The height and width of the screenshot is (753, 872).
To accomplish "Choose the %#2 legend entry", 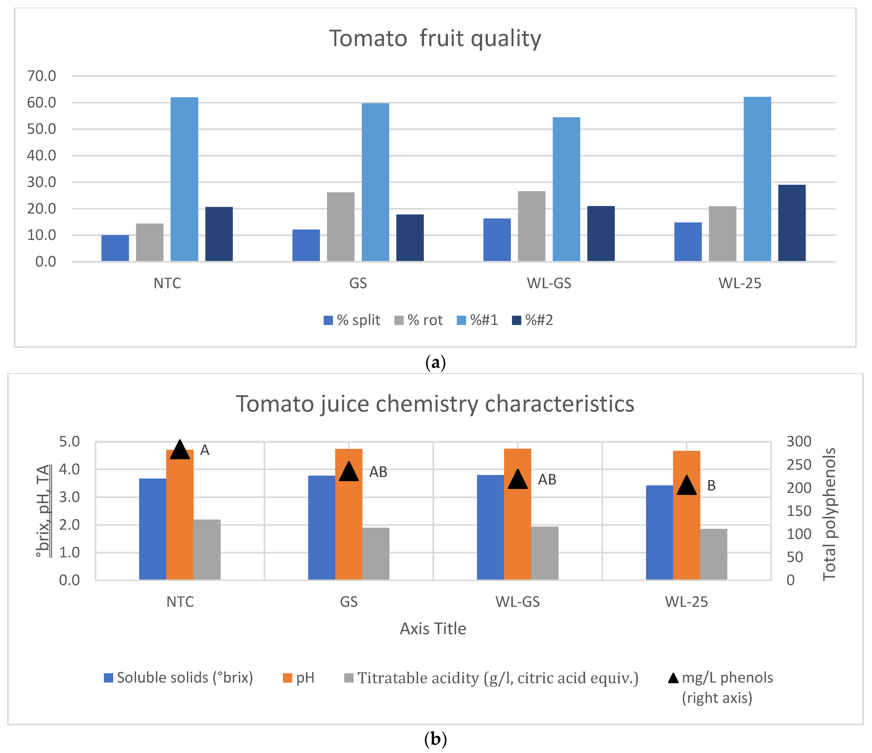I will pos(532,320).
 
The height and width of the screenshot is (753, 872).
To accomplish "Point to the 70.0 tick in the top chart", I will pos(41,76).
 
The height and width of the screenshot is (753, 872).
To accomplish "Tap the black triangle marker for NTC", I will pos(180,450).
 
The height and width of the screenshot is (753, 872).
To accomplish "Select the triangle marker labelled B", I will pos(686,486).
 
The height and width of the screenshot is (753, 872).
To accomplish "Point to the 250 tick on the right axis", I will pos(798,465).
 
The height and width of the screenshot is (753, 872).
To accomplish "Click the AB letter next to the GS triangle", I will pos(378,472).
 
